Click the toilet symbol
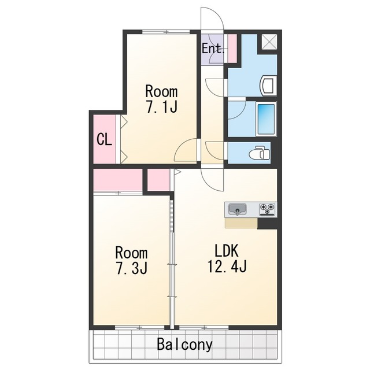pos(260,153)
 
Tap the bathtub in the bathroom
pos(266,119)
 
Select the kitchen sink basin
pos(237,209)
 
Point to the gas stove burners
pos(267,209)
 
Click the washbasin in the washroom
pos(268,86)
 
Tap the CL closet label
pos(104,140)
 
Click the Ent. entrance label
pos(213,49)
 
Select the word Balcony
pos(185,345)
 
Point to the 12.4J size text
pos(227,267)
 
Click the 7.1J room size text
pos(161,106)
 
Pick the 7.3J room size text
pos(132,268)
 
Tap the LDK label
pos(227,250)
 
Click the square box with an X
pos(269,42)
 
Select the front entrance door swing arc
pos(212,18)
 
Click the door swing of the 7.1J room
pos(186,150)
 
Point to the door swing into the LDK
pos(212,179)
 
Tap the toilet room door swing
pos(214,150)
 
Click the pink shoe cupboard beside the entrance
pos(232,49)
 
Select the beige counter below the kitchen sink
pos(241,223)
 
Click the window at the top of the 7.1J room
pos(166,32)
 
